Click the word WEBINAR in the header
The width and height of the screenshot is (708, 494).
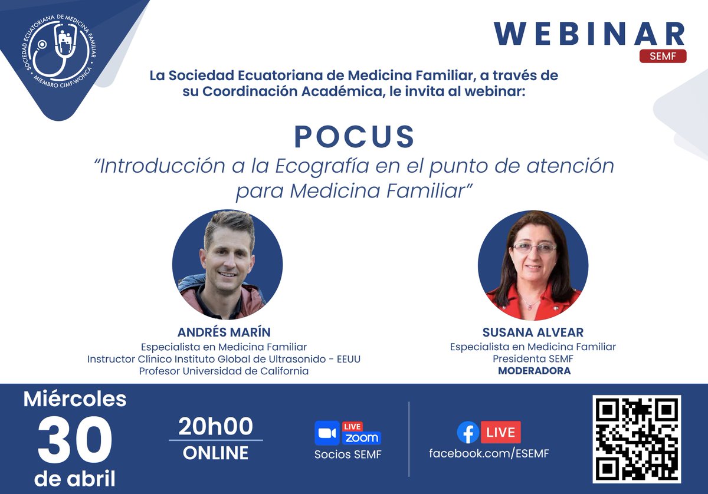click(589, 34)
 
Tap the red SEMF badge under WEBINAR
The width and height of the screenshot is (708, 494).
click(663, 57)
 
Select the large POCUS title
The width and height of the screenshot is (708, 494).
click(355, 137)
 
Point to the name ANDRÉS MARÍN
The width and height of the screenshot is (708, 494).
click(224, 332)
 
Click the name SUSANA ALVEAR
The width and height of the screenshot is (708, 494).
click(533, 333)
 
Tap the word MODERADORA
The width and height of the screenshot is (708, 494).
click(534, 371)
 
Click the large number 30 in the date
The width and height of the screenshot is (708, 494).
click(74, 440)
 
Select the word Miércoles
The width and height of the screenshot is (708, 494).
click(75, 399)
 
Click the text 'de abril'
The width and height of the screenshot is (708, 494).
click(75, 478)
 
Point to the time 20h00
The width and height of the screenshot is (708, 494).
click(215, 426)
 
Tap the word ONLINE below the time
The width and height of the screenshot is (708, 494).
click(215, 453)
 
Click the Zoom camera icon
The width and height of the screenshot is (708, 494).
click(326, 433)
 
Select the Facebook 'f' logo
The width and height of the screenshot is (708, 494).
click(468, 433)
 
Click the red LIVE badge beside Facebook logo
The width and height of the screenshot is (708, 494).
click(501, 433)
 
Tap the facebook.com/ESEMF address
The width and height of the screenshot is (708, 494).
click(489, 454)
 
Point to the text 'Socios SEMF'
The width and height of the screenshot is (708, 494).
click(348, 455)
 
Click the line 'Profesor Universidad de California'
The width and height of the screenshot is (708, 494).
click(224, 371)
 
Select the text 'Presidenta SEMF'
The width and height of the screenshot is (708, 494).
click(533, 359)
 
